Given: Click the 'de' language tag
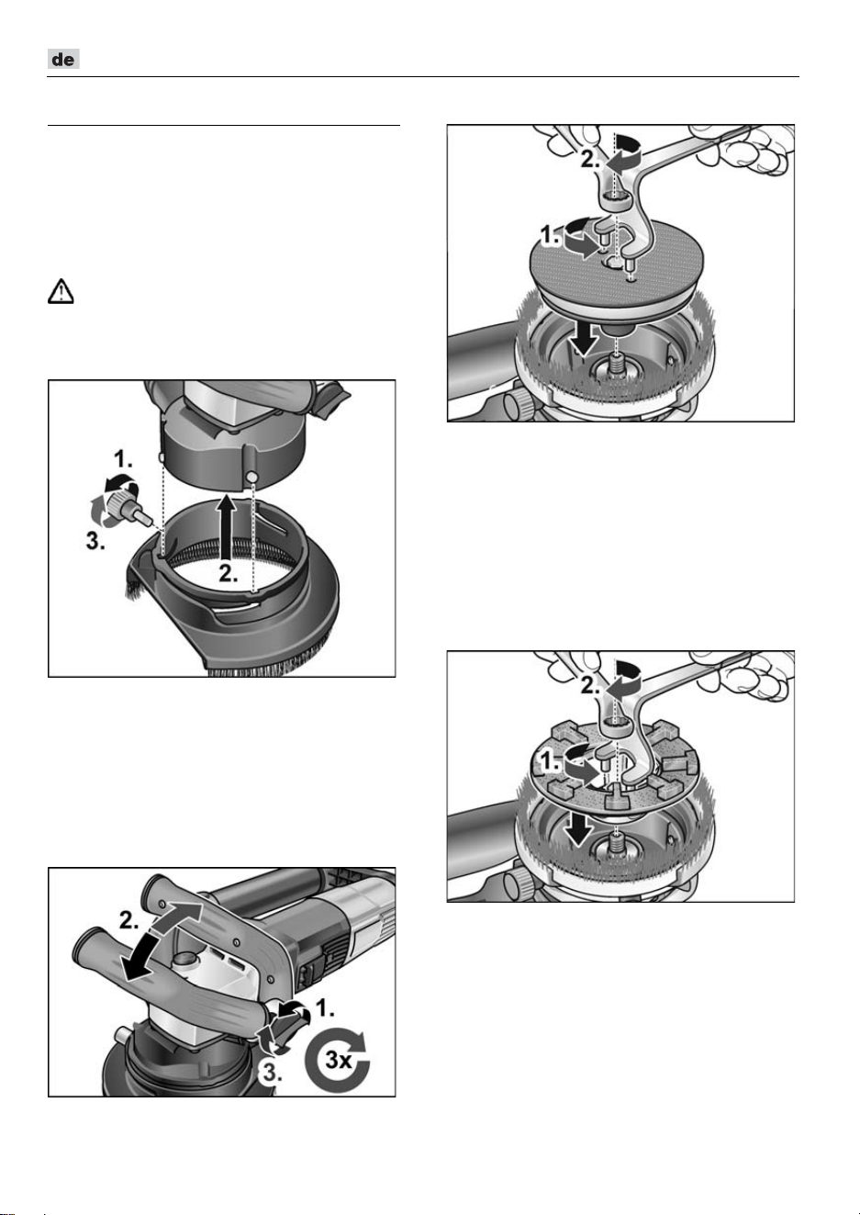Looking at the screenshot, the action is [64, 59].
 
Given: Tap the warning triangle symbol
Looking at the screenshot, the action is [61, 291].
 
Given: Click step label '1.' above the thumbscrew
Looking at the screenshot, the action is [123, 460].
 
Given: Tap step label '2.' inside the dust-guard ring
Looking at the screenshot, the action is [229, 573].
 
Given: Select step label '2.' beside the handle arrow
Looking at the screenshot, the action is [129, 920].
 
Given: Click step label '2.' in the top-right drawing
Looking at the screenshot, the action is [591, 160].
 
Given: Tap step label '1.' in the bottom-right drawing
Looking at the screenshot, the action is [551, 761].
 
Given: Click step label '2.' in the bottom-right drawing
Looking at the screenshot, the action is [591, 686].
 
